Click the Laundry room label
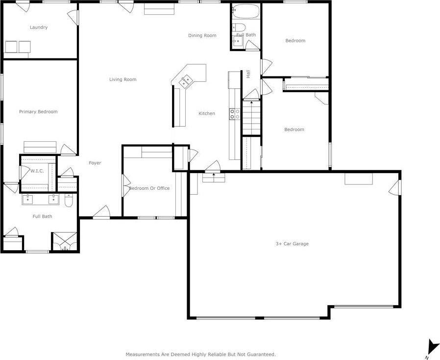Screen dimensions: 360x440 (39, 27)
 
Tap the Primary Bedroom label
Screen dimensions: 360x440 (38, 112)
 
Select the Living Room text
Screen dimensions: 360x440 (122, 79)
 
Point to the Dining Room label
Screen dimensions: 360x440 (202, 35)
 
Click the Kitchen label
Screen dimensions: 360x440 (207, 114)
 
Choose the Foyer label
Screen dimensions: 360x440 (95, 163)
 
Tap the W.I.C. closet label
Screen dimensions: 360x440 (38, 171)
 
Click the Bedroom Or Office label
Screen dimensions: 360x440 (149, 188)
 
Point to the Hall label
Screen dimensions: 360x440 (248, 74)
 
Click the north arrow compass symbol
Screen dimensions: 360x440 (431, 347)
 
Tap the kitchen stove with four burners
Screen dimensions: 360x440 (235, 114)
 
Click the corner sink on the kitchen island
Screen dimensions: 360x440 (186, 81)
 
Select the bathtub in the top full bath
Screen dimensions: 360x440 (245, 10)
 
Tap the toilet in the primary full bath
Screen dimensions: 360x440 (69, 201)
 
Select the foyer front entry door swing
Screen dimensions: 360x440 (101, 212)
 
